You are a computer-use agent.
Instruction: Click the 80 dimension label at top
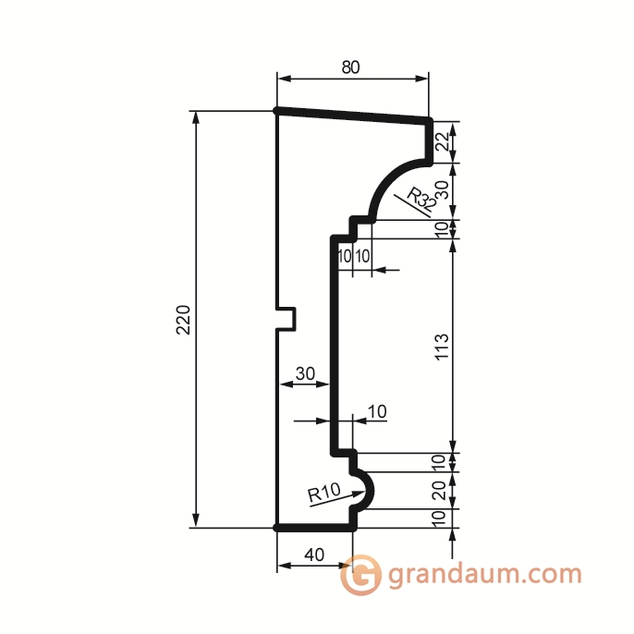point(350,67)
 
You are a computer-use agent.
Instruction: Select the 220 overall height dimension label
point(182,319)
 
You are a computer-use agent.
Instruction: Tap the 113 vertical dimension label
point(441,347)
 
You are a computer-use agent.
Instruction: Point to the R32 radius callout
point(421,198)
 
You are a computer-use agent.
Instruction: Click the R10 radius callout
point(324,494)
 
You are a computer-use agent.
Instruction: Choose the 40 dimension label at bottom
point(314,555)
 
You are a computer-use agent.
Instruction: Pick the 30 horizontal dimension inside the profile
point(304,373)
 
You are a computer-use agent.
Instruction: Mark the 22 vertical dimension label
point(442,141)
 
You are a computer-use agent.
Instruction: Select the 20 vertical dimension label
point(440,490)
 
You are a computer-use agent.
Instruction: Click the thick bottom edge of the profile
point(316,528)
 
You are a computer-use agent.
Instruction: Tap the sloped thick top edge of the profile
point(354,115)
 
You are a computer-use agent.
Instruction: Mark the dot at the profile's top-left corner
point(277,111)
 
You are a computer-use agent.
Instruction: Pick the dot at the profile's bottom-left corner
point(277,528)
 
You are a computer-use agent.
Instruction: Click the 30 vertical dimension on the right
point(442,191)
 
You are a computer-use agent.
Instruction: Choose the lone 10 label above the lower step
point(378,410)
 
